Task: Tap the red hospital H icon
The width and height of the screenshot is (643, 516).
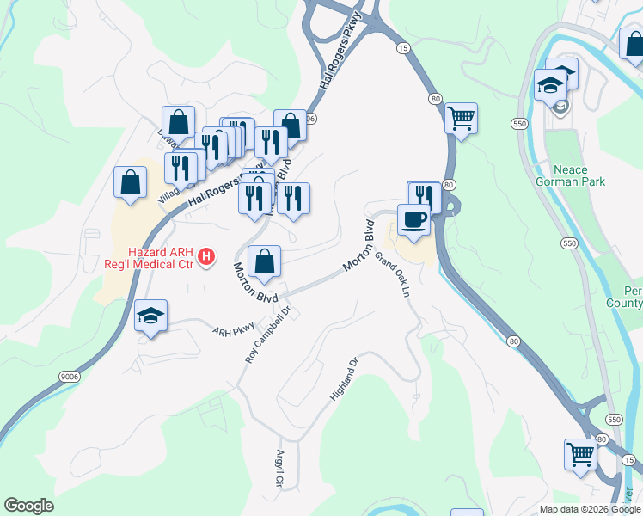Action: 206,256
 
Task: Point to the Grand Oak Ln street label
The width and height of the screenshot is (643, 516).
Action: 391,270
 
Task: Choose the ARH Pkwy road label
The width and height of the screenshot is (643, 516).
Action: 235,329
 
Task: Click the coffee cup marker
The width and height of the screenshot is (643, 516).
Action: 413,219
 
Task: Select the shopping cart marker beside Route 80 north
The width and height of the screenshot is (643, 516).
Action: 461,117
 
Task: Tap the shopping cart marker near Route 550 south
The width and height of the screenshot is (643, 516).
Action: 580,453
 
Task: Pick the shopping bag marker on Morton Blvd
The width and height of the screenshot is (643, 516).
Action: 264,261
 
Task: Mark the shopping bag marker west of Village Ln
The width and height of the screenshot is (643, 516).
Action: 130,182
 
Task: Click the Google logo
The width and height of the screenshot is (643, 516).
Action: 28,506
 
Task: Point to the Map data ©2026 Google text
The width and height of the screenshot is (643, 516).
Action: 591,509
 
